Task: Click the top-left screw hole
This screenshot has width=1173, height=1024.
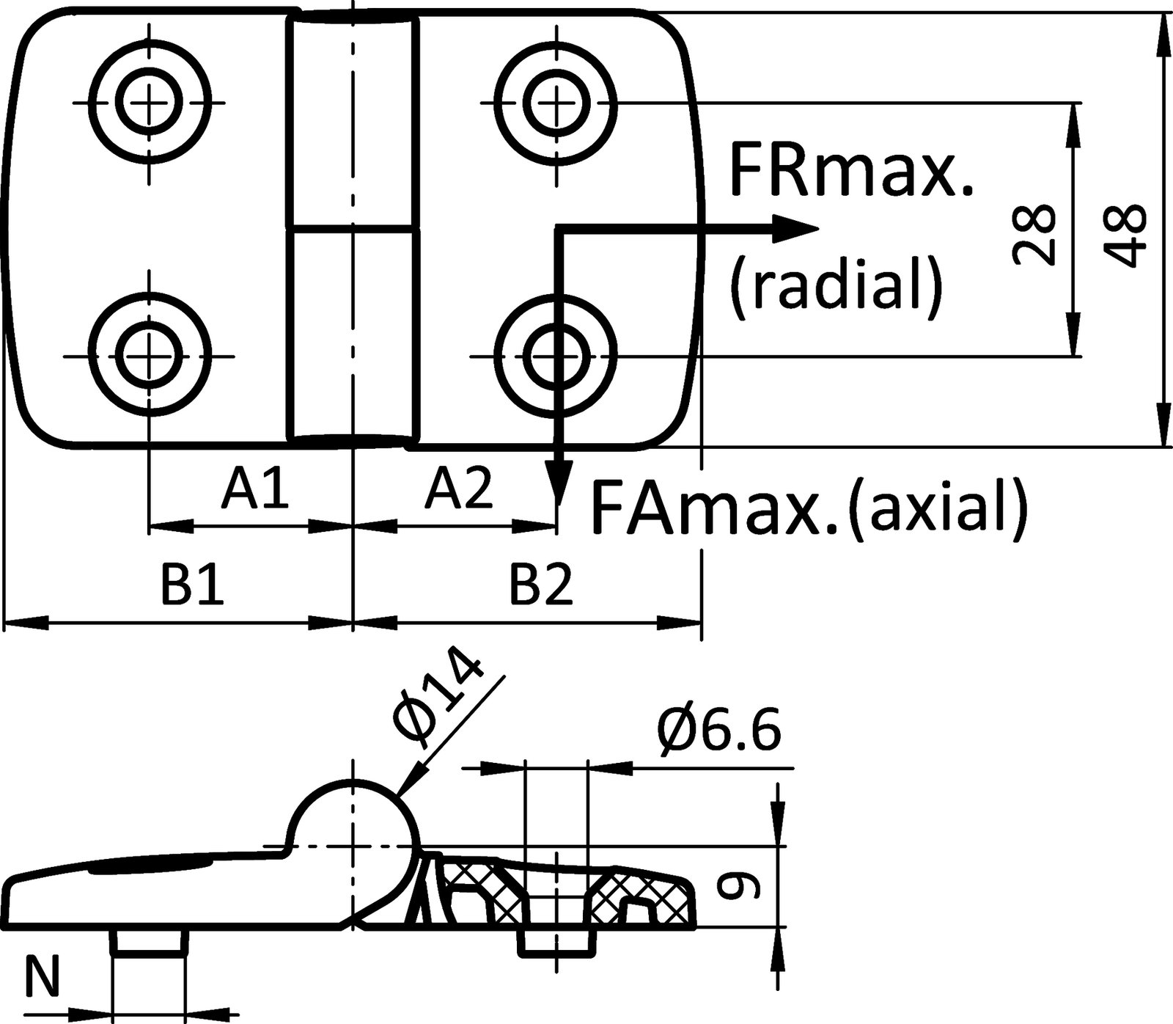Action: tap(151, 101)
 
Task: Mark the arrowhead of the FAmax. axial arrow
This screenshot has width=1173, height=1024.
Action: tap(559, 488)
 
